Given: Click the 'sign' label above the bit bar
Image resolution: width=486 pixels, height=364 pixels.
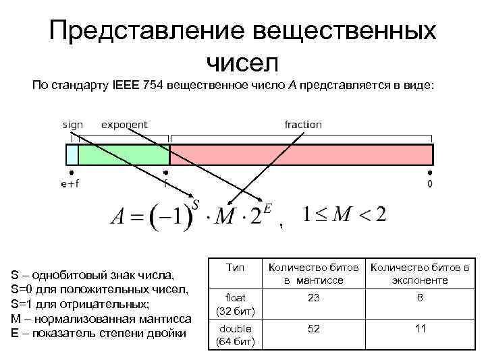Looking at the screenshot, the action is (73, 125).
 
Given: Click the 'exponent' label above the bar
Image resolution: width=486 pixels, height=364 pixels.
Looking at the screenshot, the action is (124, 125).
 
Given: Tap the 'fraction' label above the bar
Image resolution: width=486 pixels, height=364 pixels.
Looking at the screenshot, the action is (303, 125).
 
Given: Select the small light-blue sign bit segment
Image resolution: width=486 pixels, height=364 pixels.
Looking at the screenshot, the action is (72, 155).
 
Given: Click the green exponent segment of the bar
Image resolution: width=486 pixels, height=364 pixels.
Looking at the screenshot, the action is (124, 155).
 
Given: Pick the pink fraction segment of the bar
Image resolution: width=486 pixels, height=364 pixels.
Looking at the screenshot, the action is (300, 155).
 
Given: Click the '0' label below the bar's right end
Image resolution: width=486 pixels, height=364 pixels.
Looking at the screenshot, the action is (430, 184).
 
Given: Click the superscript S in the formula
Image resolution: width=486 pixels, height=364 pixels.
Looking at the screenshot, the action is (196, 203).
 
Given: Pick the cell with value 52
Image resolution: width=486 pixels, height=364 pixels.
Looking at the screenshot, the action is (313, 328).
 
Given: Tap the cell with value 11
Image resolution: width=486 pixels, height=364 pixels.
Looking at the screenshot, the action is (419, 328).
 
